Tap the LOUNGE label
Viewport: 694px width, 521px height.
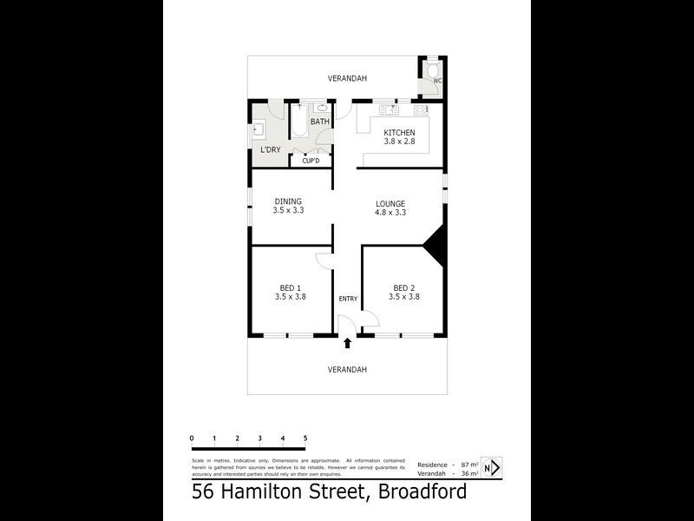click(390, 203)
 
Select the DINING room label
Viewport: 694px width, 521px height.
click(288, 201)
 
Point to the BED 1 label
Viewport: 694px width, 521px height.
click(290, 287)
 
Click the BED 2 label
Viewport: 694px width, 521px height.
click(403, 287)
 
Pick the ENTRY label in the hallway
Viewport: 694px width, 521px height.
click(348, 300)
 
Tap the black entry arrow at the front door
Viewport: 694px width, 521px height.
click(348, 343)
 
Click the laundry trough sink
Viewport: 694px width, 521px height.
click(259, 131)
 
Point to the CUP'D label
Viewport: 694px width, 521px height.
click(311, 161)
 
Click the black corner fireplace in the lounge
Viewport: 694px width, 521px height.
click(435, 242)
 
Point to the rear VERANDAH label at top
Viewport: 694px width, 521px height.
click(347, 79)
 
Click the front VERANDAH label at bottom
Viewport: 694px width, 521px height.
click(347, 369)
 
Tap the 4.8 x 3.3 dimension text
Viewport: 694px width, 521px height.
click(390, 212)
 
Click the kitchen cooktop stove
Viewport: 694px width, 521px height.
click(421, 110)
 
